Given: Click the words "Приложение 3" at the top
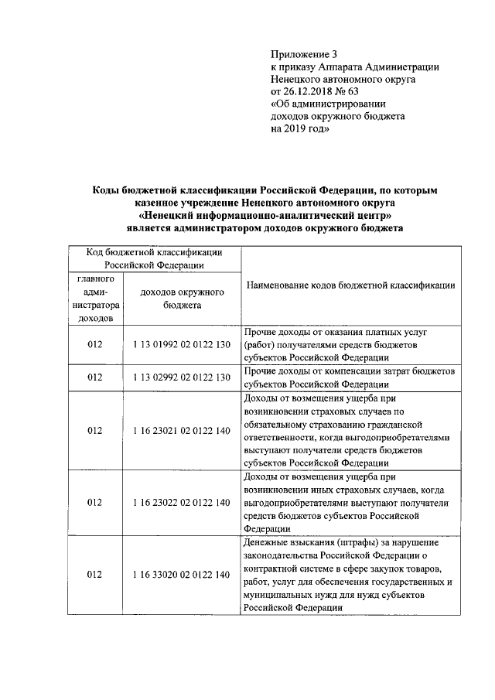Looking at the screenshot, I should tap(305, 54).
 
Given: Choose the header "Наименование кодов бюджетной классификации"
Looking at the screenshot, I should tap(350, 285).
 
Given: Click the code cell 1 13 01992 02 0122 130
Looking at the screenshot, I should tap(182, 344).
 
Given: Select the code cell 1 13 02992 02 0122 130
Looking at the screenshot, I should tap(182, 377).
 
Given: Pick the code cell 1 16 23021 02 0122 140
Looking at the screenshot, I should tap(182, 430).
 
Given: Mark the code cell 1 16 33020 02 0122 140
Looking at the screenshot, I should tap(182, 575).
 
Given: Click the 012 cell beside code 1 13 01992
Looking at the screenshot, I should tap(95, 344).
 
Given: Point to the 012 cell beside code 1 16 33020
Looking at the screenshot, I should tap(95, 575).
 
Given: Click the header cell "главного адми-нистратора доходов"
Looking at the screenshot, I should tap(95, 298).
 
